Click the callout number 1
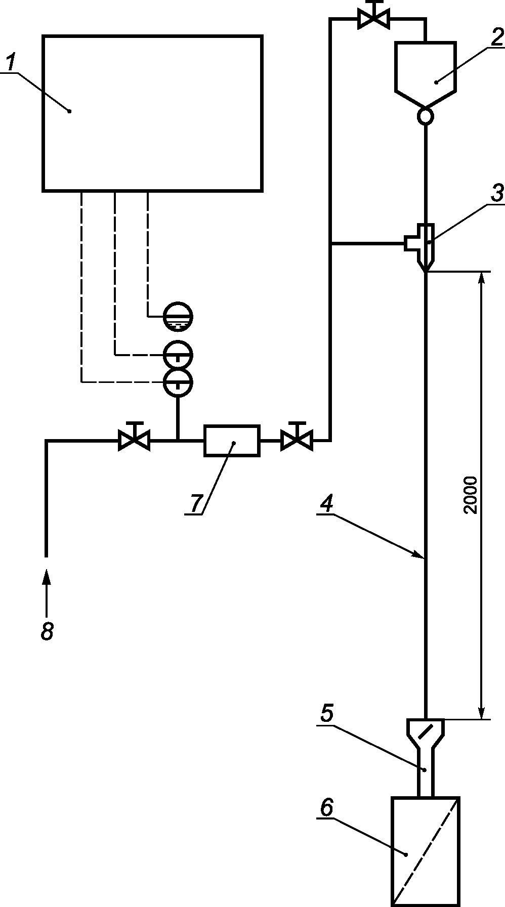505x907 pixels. click(11, 63)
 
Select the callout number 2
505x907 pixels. click(495, 36)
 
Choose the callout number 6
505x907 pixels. click(326, 808)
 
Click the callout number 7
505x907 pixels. click(195, 503)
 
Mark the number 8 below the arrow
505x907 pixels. click(47, 631)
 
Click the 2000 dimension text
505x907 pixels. click(470, 495)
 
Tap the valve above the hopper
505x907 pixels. click(373, 17)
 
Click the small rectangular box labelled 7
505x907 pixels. click(232, 441)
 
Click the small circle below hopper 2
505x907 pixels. click(425, 116)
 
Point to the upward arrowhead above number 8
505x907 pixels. click(47, 577)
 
